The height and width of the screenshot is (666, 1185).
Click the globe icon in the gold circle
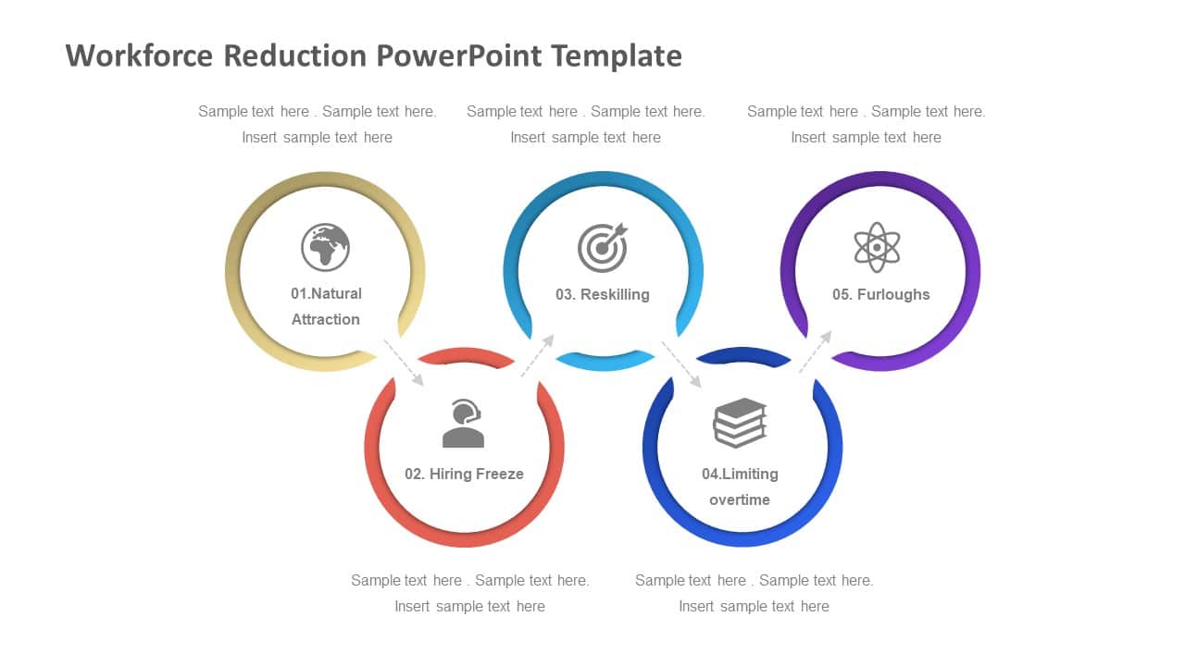click(325, 247)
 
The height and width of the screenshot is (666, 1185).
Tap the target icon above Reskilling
click(603, 247)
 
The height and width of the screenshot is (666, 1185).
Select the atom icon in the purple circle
click(877, 247)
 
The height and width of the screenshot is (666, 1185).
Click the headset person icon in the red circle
click(464, 424)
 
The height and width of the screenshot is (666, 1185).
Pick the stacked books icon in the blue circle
click(740, 423)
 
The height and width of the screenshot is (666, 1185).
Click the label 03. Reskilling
click(603, 294)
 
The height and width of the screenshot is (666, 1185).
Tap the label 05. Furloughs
click(880, 294)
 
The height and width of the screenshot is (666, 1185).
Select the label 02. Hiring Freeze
click(464, 474)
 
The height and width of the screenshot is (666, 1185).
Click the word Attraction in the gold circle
click(326, 319)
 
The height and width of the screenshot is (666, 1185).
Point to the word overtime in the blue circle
click(740, 499)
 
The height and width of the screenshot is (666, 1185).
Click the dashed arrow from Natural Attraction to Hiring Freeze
click(404, 363)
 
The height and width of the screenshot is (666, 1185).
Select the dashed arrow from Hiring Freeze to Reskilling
click(538, 355)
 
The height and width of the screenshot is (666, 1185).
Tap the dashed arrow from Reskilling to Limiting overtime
click(681, 364)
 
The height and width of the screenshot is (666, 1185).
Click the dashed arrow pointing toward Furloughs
click(816, 351)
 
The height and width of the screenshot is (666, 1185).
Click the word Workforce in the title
click(139, 55)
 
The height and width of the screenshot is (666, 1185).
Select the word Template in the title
click(617, 55)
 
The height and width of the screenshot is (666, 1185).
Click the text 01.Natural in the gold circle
click(326, 293)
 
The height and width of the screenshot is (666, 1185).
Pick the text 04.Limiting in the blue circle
click(740, 474)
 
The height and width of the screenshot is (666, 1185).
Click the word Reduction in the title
click(294, 55)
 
